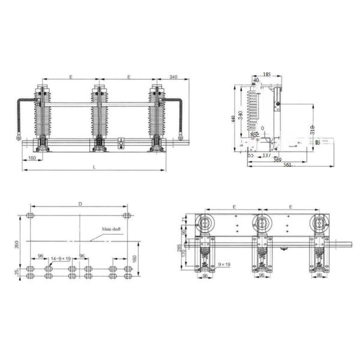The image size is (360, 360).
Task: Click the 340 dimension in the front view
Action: pos(173,77)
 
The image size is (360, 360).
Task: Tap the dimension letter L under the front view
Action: pos(94,166)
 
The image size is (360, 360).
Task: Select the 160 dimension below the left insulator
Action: pos(31,158)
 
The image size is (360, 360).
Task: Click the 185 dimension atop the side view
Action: pos(266,74)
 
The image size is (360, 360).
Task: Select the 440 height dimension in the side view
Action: pos(234,119)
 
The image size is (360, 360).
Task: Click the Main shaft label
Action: pos(111,229)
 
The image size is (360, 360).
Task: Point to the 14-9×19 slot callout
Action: pos(61,258)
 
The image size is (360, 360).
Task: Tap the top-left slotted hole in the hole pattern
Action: pos(32,215)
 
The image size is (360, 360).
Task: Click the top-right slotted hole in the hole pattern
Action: pos(127,215)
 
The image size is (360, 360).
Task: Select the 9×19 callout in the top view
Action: pos(225,265)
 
